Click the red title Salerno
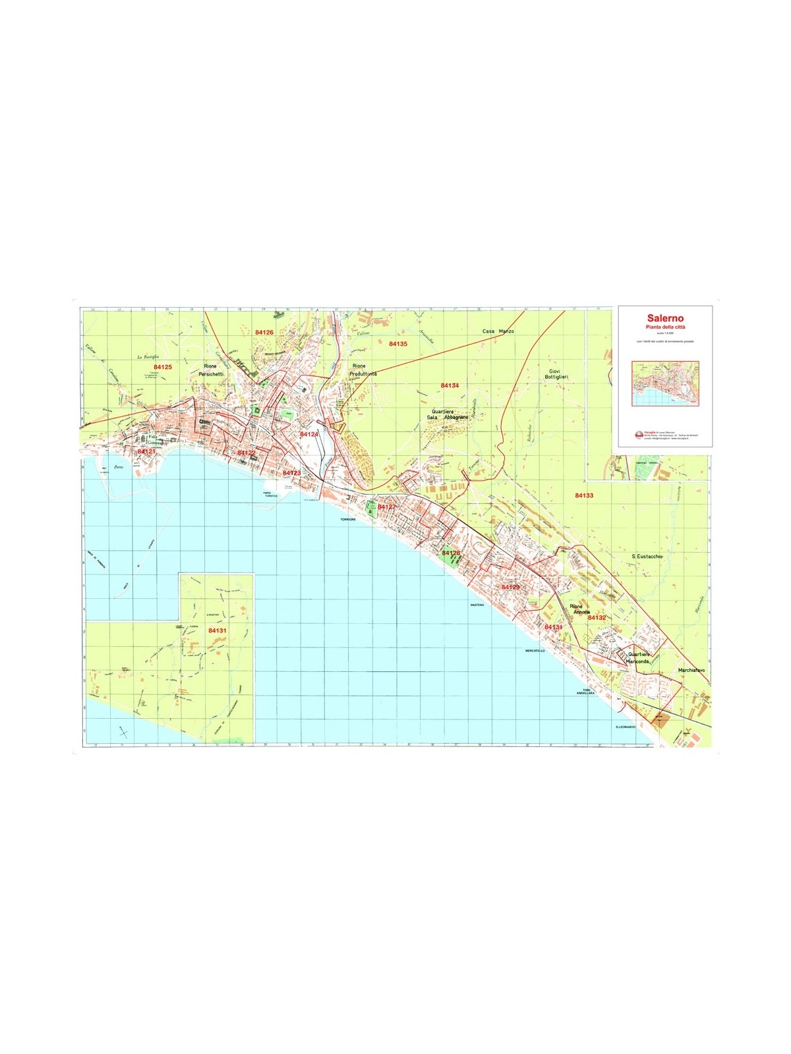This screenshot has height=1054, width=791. coord(665,318)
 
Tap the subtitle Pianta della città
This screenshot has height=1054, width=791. coord(665,327)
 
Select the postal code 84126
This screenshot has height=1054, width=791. coord(264,333)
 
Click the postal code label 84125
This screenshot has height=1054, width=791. coord(162,367)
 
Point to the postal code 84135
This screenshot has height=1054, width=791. coord(397,344)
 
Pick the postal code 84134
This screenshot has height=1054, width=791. coord(450,385)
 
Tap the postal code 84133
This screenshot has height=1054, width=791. coord(584,495)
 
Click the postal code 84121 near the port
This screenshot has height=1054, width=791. coord(146,452)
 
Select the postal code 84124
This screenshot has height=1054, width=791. coord(308,435)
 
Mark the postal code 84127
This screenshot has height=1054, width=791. coord(386,507)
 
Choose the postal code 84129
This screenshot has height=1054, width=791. coord(510,587)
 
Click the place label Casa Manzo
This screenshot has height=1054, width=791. coord(498,331)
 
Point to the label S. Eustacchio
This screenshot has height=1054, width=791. coord(647,557)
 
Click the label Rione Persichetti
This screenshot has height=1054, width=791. coord(211,370)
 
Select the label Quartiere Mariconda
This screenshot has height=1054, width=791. coord(638,657)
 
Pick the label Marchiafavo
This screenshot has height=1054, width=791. coord(691,671)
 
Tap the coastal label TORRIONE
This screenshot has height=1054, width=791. coord(347,520)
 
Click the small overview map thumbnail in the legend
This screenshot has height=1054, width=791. coord(665,383)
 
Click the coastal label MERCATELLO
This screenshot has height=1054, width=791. coord(535,651)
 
